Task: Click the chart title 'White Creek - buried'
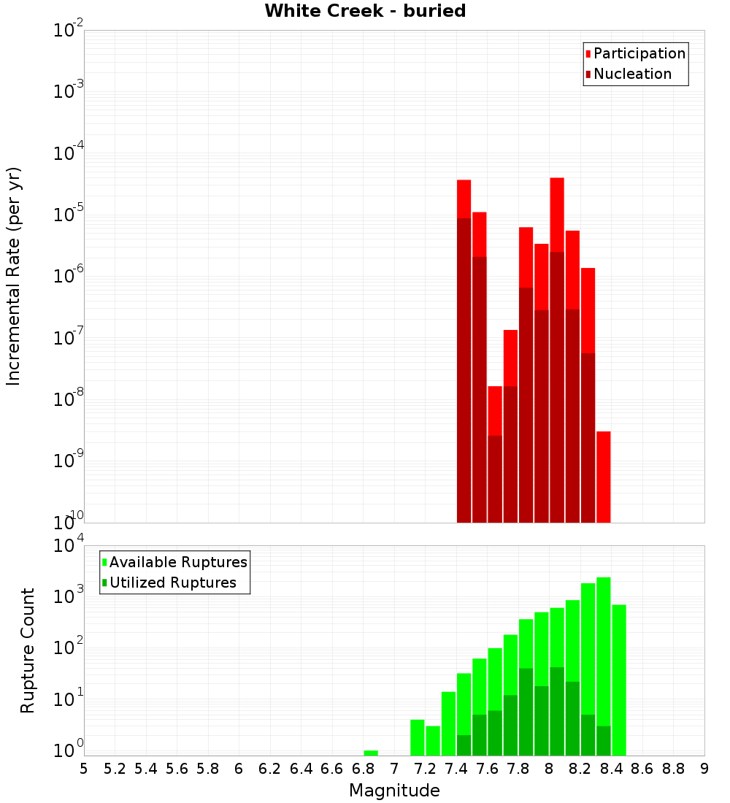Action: [365, 11]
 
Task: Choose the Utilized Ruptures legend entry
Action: [172, 583]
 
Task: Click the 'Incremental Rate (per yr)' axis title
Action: [14, 277]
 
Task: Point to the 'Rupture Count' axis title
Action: [28, 650]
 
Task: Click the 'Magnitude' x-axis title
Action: [394, 791]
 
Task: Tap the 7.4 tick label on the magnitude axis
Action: [456, 769]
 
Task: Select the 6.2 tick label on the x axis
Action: [270, 769]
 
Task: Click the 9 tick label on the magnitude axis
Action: [704, 769]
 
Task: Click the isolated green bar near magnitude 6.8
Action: [371, 753]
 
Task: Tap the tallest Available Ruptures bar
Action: [604, 664]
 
